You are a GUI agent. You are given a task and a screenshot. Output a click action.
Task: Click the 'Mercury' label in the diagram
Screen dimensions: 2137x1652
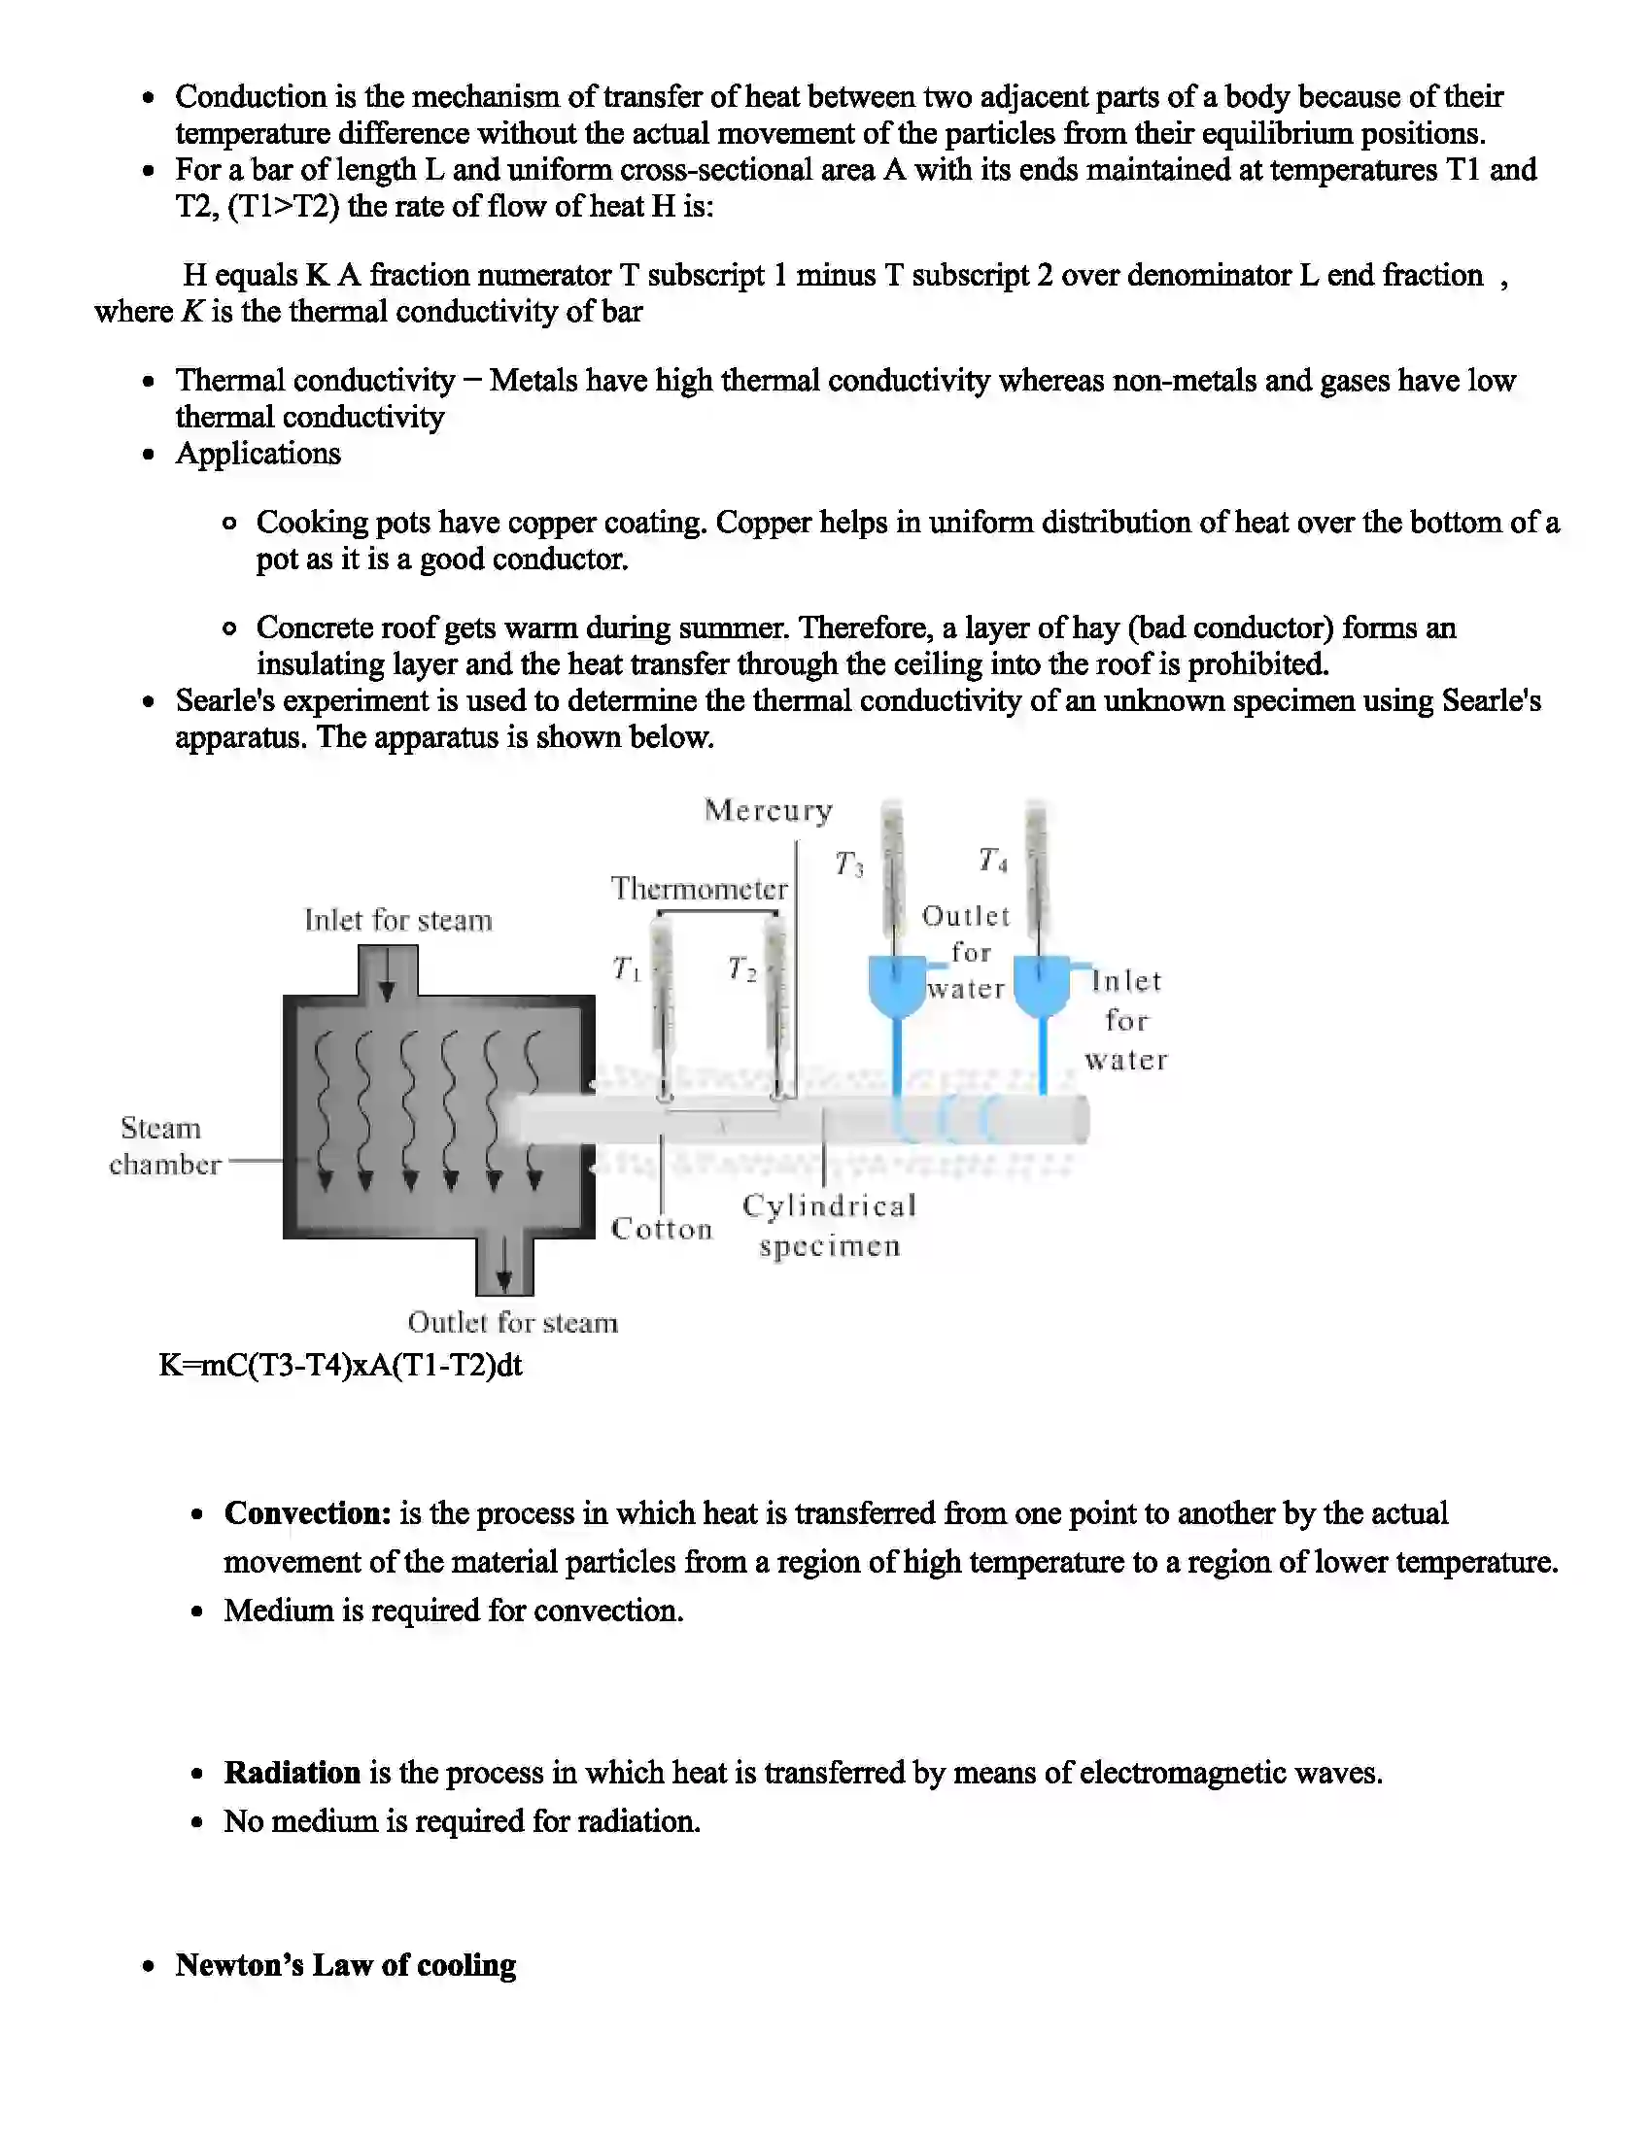click(x=769, y=811)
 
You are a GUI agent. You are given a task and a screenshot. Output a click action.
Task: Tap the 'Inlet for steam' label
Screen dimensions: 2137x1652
click(x=397, y=921)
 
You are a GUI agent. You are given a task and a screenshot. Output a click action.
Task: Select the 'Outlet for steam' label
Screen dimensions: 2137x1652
click(x=513, y=1323)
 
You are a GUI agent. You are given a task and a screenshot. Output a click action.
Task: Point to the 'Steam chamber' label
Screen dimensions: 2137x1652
click(x=162, y=1146)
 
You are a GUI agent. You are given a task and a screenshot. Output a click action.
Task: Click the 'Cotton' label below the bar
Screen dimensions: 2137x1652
click(x=662, y=1229)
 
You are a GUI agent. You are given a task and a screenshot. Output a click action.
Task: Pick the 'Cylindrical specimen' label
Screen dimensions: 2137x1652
click(x=829, y=1225)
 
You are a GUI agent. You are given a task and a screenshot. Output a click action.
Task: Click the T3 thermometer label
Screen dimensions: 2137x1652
click(x=848, y=864)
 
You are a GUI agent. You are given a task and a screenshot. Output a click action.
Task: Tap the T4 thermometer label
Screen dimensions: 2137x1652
click(x=992, y=860)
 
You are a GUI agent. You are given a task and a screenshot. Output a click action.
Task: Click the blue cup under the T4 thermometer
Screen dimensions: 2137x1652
click(x=1042, y=986)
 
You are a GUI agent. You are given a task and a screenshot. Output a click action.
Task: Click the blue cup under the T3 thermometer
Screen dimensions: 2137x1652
click(x=897, y=986)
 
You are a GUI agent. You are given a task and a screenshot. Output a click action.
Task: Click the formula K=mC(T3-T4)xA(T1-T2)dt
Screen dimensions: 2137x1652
click(x=340, y=1365)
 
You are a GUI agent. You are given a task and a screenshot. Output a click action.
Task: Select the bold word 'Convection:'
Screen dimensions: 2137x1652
click(x=307, y=1513)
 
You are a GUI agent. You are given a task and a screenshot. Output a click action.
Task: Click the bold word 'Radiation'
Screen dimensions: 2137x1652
click(x=292, y=1773)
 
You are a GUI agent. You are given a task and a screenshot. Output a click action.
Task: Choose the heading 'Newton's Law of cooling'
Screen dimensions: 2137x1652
click(x=346, y=1966)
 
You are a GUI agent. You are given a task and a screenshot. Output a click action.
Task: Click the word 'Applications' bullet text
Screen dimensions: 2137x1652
click(x=258, y=454)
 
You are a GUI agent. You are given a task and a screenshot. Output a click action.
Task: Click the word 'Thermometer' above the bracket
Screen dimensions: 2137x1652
click(x=699, y=890)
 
